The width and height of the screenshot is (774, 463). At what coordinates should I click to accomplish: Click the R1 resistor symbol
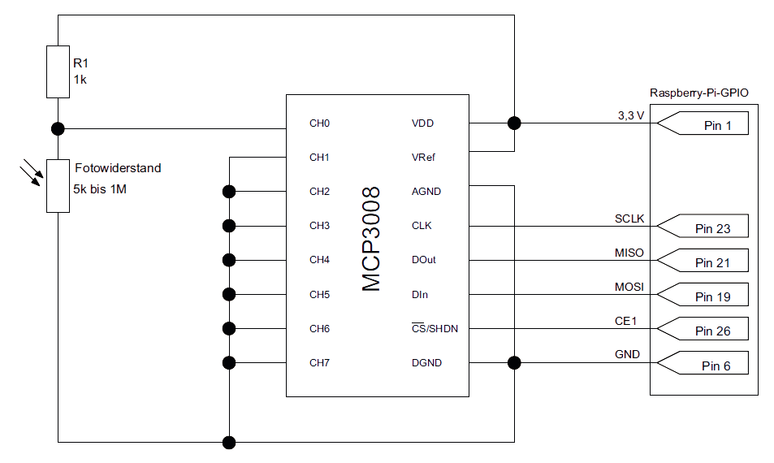(58, 72)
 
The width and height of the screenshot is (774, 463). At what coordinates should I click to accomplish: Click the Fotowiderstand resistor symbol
(58, 186)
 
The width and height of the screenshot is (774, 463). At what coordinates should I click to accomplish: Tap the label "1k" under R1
(80, 80)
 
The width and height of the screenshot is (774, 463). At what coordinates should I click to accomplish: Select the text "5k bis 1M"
(101, 189)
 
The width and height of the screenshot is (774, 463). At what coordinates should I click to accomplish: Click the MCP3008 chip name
(371, 239)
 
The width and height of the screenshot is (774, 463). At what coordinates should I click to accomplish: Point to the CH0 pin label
(319, 123)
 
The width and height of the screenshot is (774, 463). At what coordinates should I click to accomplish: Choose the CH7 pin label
(319, 362)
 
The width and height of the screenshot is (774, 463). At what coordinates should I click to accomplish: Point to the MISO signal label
(629, 253)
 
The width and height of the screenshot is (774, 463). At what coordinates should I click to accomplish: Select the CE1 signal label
(625, 321)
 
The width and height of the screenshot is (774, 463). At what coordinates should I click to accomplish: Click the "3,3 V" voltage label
(630, 115)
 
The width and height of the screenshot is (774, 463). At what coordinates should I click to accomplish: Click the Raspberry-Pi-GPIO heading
(698, 93)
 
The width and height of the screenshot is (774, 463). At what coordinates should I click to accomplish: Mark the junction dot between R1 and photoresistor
(58, 128)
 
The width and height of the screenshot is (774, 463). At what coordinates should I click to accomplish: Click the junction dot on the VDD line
(513, 123)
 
